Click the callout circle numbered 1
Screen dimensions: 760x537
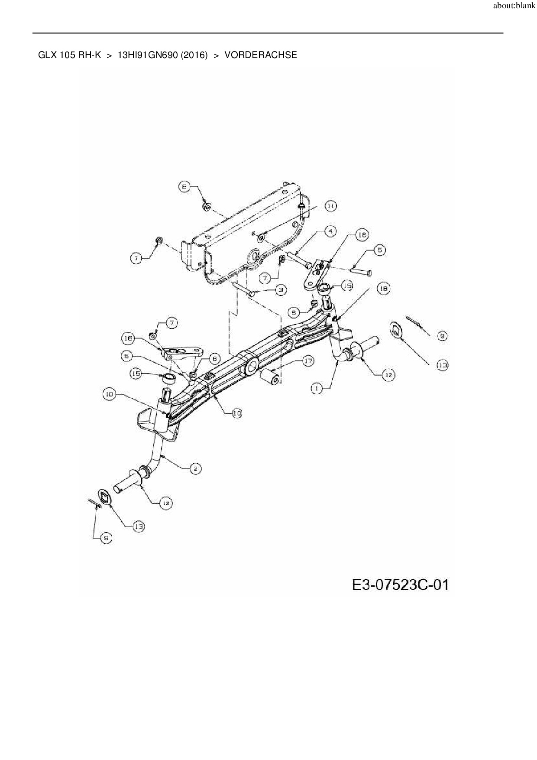[x=317, y=389]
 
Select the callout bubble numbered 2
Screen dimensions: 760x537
[x=195, y=468]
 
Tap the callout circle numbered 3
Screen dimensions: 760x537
[x=281, y=289]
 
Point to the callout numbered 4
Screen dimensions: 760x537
[x=330, y=231]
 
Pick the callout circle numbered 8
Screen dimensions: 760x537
[x=184, y=187]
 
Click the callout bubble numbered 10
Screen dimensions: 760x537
[x=236, y=413]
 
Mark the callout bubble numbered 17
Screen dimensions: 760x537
[x=308, y=361]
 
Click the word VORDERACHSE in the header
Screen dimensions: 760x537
[x=261, y=55]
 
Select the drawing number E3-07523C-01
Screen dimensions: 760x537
[x=400, y=585]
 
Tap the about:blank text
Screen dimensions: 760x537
[x=514, y=6]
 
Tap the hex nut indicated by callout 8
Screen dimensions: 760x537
[x=207, y=206]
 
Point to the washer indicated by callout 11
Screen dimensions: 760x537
[x=262, y=237]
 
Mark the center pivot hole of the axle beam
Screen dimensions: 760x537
[x=251, y=368]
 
